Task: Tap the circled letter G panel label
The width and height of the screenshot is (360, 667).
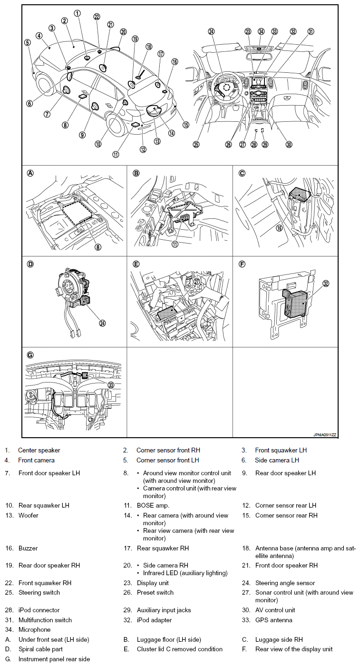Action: click(x=30, y=354)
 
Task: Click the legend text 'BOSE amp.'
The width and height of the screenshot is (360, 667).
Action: click(x=153, y=505)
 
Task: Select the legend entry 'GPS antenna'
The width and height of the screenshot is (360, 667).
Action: click(x=273, y=620)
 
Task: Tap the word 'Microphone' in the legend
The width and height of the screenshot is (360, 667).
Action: click(x=34, y=629)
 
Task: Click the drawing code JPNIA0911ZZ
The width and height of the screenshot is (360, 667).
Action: click(x=325, y=435)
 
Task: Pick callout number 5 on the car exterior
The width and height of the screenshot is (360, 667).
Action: click(x=28, y=42)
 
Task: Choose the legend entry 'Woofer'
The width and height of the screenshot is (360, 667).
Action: click(x=29, y=515)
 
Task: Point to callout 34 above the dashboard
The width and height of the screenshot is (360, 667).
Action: click(x=261, y=31)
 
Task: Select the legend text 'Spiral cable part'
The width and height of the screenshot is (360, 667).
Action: click(x=40, y=649)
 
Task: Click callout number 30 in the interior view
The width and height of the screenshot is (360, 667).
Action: click(x=289, y=145)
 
